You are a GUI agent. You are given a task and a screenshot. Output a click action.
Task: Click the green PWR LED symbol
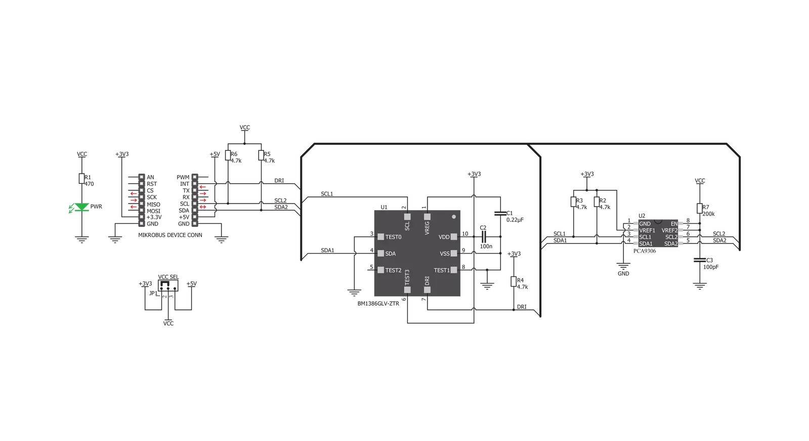81,207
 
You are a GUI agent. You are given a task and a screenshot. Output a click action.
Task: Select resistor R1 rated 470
81,179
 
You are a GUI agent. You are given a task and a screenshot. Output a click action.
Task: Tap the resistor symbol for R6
228,155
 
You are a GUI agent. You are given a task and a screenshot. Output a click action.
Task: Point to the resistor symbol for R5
261,155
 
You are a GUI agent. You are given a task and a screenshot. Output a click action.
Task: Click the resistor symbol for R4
514,282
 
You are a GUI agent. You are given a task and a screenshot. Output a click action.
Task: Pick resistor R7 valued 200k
700,209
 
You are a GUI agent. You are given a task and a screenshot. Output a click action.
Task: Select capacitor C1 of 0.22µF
500,213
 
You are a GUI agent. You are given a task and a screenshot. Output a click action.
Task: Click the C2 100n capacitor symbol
484,237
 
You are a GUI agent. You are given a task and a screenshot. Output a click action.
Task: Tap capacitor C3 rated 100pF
700,260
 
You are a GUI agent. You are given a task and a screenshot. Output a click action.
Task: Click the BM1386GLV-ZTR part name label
378,304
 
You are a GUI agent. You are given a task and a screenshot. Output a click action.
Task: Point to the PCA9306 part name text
645,251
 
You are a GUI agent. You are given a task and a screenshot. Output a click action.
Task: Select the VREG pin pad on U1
427,217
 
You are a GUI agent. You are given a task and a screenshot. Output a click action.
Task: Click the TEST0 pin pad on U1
380,237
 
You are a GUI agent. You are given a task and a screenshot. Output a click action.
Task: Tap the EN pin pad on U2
680,224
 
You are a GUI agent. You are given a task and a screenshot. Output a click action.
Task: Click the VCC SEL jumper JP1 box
168,285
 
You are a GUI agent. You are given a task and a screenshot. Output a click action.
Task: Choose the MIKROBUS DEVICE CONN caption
170,235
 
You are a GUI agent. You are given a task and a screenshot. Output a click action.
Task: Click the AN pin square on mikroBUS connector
142,177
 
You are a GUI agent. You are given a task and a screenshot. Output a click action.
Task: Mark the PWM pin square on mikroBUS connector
195,177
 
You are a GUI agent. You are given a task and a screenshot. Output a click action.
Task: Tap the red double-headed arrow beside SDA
203,207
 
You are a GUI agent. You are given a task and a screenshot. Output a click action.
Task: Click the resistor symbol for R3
574,202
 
